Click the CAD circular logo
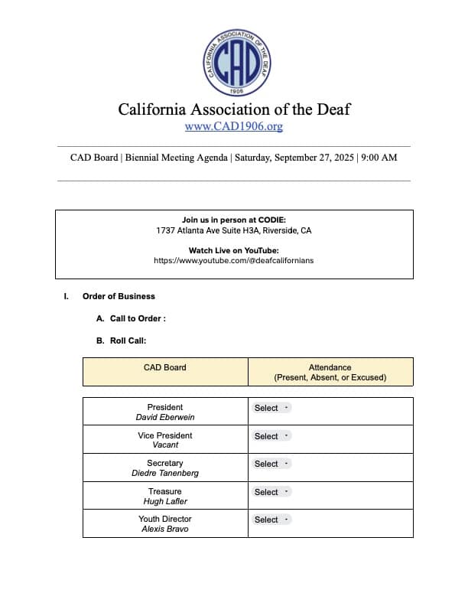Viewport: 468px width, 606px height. pyautogui.click(x=234, y=64)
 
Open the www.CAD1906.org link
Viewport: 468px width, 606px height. pyautogui.click(x=234, y=126)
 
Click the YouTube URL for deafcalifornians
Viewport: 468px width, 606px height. pyautogui.click(x=234, y=260)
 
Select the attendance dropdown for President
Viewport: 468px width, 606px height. pyautogui.click(x=271, y=408)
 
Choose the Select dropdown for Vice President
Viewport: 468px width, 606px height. pyautogui.click(x=271, y=436)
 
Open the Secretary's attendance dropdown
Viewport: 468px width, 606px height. pyautogui.click(x=271, y=464)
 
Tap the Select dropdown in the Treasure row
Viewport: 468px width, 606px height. pyautogui.click(x=271, y=492)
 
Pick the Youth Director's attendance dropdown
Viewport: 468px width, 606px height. pyautogui.click(x=271, y=520)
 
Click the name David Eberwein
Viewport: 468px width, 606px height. pyautogui.click(x=164, y=418)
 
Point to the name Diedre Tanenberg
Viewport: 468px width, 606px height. pyautogui.click(x=164, y=474)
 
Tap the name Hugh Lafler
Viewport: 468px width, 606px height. pyautogui.click(x=164, y=501)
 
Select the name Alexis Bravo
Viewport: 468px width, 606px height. pyautogui.click(x=164, y=529)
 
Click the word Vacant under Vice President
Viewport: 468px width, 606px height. pyautogui.click(x=164, y=445)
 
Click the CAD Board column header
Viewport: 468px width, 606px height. pyautogui.click(x=164, y=367)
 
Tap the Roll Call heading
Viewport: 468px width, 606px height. pyautogui.click(x=128, y=341)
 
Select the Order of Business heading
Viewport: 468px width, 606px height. pyautogui.click(x=119, y=296)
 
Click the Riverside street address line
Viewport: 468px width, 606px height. pyautogui.click(x=234, y=230)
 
